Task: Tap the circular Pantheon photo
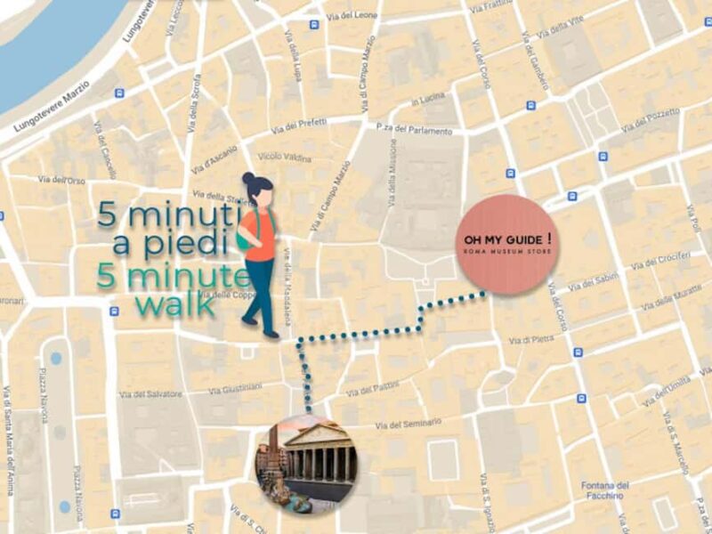pos(306,464)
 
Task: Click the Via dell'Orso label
pos(61,181)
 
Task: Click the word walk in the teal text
pos(174,304)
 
